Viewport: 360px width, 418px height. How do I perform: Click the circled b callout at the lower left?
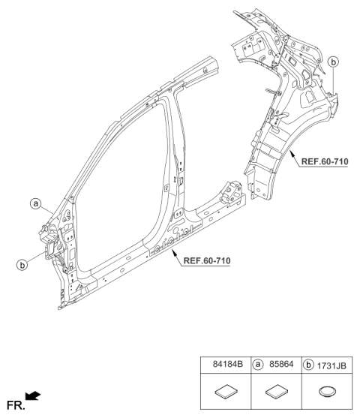pyautogui.click(x=22, y=265)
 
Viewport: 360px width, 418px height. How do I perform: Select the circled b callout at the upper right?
pyautogui.click(x=333, y=62)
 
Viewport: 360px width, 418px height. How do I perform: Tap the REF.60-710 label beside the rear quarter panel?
pyautogui.click(x=325, y=161)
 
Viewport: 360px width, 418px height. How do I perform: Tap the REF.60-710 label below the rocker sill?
pyautogui.click(x=207, y=260)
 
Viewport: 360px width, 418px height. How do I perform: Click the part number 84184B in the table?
pyautogui.click(x=228, y=364)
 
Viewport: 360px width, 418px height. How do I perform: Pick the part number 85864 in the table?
pyautogui.click(x=281, y=364)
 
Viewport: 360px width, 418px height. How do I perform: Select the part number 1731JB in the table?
pyautogui.click(x=331, y=365)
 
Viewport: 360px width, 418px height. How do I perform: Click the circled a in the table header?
pyautogui.click(x=258, y=364)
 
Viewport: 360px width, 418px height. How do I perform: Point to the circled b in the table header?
pyautogui.click(x=308, y=365)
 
